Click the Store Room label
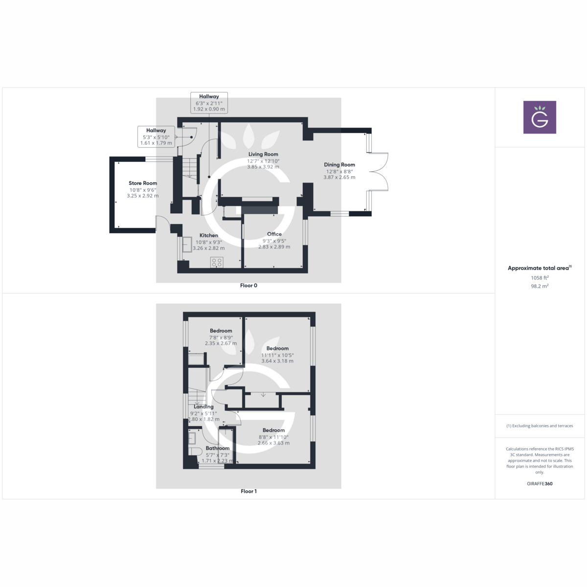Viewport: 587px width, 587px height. coord(143,183)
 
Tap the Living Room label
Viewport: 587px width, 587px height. coord(263,154)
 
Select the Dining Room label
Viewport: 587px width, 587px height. coord(339,165)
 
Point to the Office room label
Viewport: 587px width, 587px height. coord(274,234)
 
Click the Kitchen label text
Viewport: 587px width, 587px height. coord(209,235)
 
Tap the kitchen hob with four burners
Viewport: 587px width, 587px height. coord(217,262)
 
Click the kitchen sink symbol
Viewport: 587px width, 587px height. coord(187,244)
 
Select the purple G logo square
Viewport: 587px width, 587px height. coord(540,117)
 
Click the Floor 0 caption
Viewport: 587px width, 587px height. coord(248,286)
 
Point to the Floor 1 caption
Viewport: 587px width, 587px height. coord(248,491)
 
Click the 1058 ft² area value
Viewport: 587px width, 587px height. coord(540,278)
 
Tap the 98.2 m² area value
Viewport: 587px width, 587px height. coord(540,286)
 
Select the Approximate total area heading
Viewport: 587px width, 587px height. coord(539,268)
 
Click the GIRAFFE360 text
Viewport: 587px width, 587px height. coord(540,484)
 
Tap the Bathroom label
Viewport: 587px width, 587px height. coord(218,448)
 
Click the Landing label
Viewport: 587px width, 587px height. coord(203,406)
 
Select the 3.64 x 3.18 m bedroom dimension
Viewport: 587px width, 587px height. coord(277,361)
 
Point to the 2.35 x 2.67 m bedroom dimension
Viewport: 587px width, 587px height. coord(221,343)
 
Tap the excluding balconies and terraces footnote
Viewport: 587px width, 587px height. coord(540,426)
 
